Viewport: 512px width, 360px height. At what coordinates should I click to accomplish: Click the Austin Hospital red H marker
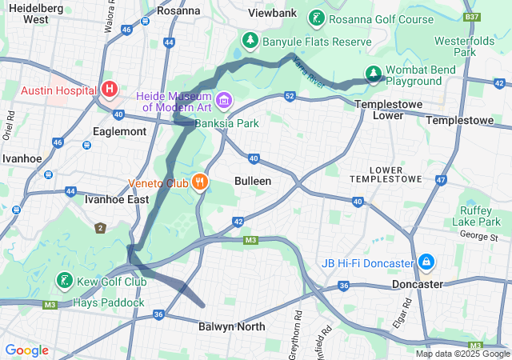[110, 88]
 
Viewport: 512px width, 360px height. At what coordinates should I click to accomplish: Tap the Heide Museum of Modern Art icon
[224, 101]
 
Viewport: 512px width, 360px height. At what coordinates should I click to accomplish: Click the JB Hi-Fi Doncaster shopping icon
[426, 262]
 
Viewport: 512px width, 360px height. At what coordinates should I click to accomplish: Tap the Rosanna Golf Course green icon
[318, 19]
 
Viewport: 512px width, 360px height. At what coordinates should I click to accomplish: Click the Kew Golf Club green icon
[63, 281]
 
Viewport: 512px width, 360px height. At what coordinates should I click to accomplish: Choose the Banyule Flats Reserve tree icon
[250, 40]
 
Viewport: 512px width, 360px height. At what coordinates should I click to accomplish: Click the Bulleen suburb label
[253, 182]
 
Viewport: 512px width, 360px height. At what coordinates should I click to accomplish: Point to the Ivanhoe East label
[117, 198]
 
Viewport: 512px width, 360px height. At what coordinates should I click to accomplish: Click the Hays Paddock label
[109, 302]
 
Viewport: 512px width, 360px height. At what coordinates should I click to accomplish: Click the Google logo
[27, 350]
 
